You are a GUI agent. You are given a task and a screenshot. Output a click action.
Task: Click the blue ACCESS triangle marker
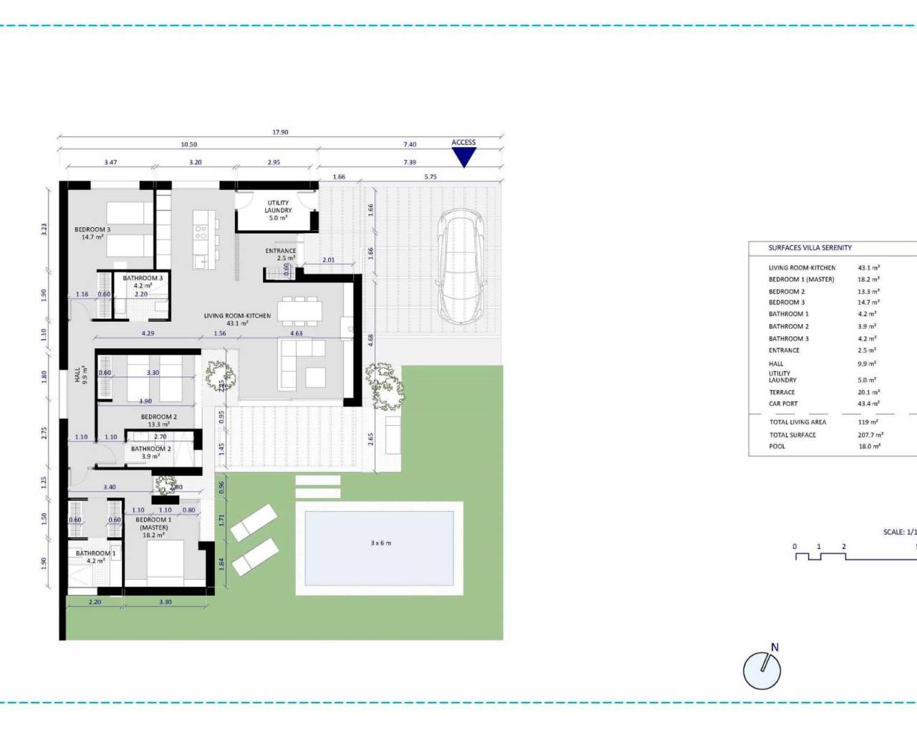pyautogui.click(x=464, y=156)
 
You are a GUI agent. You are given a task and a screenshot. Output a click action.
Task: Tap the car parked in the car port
pyautogui.click(x=463, y=266)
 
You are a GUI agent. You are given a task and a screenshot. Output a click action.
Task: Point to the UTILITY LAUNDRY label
pyautogui.click(x=278, y=207)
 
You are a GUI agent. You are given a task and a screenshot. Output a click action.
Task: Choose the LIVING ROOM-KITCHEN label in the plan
pyautogui.click(x=237, y=316)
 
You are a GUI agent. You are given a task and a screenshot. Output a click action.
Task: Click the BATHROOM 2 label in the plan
pyautogui.click(x=150, y=449)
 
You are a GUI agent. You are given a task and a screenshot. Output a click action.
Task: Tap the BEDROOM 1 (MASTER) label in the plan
pyautogui.click(x=153, y=524)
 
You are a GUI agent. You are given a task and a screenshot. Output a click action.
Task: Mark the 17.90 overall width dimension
pyautogui.click(x=280, y=133)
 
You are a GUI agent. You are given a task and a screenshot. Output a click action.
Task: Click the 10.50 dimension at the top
pyautogui.click(x=188, y=145)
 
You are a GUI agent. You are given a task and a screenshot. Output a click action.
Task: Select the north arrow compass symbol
pyautogui.click(x=762, y=670)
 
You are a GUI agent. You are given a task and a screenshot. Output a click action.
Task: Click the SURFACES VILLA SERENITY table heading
pyautogui.click(x=810, y=248)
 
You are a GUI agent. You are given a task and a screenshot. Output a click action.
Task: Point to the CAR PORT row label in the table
pyautogui.click(x=783, y=404)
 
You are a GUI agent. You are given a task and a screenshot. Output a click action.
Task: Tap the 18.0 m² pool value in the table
pyautogui.click(x=869, y=447)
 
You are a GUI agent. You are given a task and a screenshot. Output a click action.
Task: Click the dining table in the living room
pyautogui.click(x=302, y=310)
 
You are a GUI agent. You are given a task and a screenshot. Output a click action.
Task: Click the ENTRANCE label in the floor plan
pyautogui.click(x=281, y=251)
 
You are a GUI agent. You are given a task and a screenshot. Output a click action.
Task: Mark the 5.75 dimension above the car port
pyautogui.click(x=430, y=177)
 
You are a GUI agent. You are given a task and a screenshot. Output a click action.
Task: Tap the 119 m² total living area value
pyautogui.click(x=868, y=422)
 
